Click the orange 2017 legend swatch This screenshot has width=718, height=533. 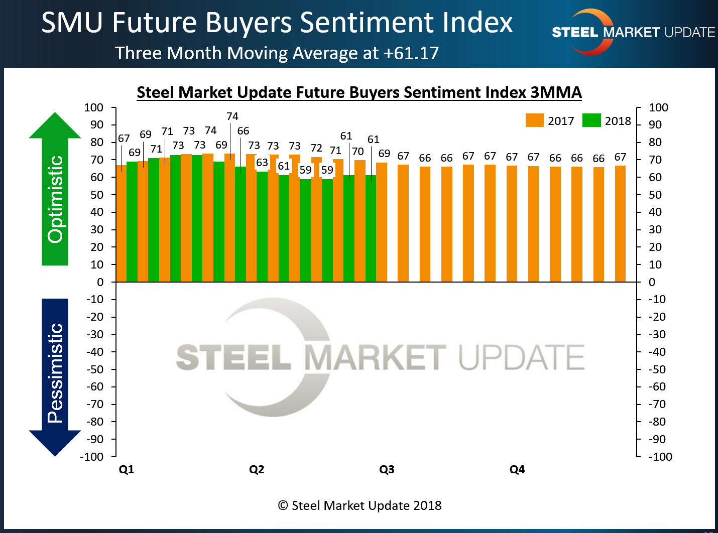(534, 120)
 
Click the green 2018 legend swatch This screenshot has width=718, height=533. (591, 120)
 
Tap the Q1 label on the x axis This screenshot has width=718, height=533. (126, 469)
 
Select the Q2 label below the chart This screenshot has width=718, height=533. (257, 469)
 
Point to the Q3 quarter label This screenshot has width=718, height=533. (387, 469)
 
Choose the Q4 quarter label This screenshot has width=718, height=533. (517, 469)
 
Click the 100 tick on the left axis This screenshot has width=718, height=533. (94, 107)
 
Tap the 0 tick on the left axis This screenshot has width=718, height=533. (100, 282)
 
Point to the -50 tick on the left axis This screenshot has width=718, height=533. (95, 369)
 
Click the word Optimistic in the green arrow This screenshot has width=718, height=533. (55, 199)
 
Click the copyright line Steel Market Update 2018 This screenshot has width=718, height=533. (360, 505)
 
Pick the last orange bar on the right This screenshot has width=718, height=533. (620, 224)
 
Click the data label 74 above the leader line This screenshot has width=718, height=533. (232, 116)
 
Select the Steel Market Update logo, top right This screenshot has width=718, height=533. (633, 32)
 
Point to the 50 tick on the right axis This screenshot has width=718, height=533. (655, 195)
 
